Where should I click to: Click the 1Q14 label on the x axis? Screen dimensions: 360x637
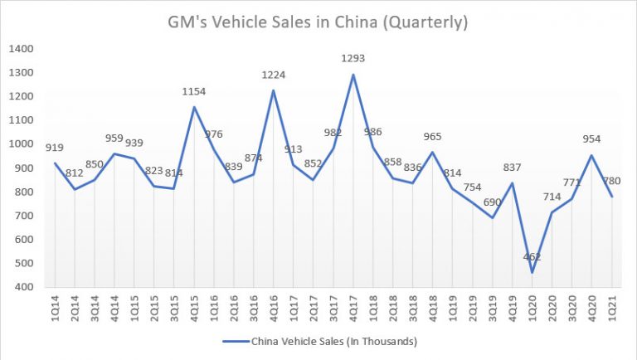[x=54, y=309]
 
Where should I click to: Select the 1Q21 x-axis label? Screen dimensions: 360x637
[x=610, y=309]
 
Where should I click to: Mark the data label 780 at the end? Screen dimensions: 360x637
[x=611, y=181]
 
